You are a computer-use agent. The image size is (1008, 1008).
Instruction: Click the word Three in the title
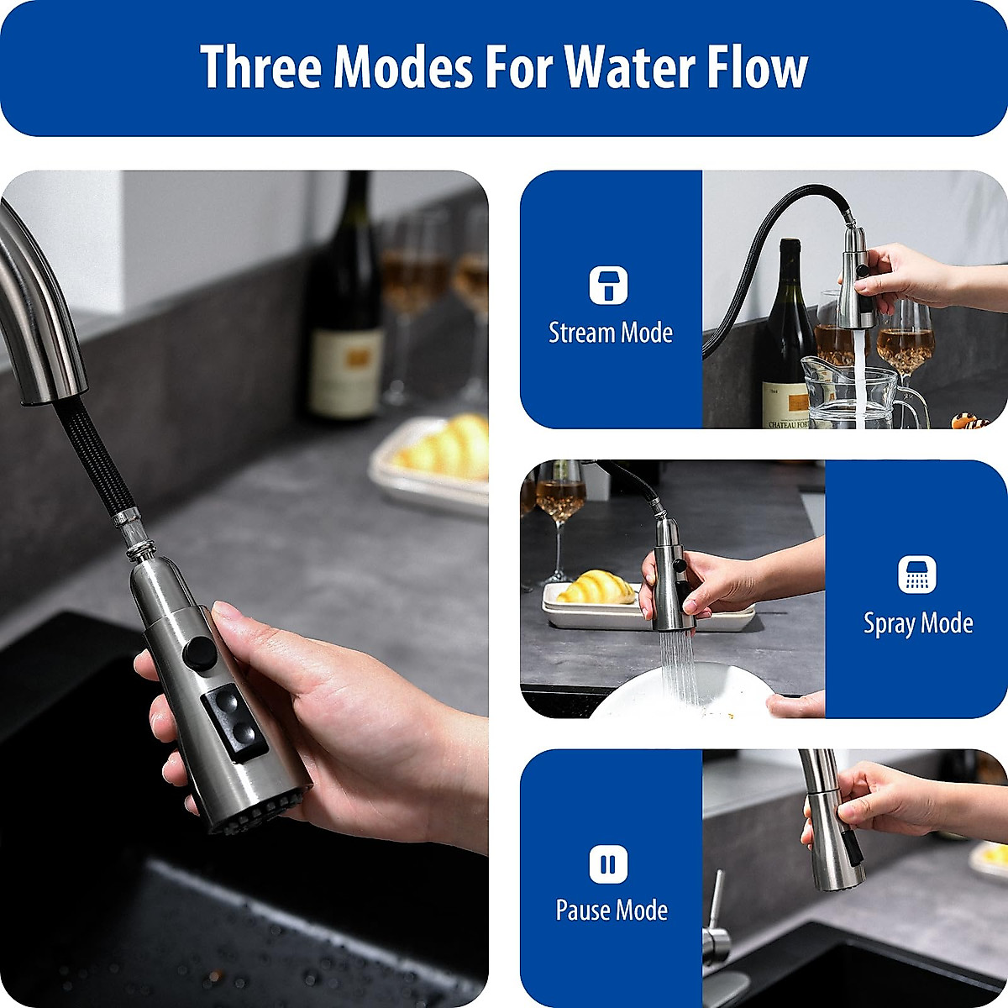pos(260,67)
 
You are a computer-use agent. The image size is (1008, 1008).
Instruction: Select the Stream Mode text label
pos(611,333)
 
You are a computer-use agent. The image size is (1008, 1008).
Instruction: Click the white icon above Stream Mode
pos(608,286)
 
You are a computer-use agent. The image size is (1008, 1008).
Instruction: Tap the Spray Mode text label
pos(918,624)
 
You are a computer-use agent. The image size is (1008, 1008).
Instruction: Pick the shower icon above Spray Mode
pos(916,575)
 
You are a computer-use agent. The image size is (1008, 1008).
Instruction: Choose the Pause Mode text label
pos(612,911)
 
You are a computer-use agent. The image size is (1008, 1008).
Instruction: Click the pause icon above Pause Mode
pos(608,864)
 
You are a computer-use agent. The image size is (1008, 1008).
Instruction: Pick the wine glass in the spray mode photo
pos(560,512)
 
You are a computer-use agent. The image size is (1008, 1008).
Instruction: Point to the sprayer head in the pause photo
pos(834,848)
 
